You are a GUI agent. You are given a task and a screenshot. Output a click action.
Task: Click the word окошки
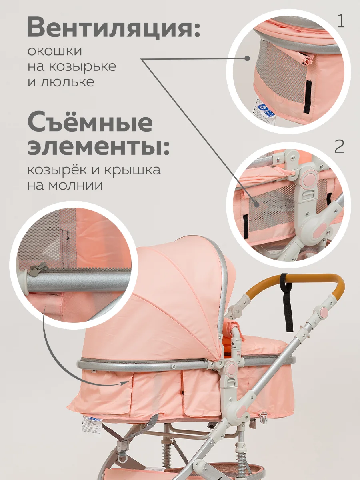click(55, 51)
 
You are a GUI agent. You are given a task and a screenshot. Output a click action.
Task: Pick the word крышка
click(132, 170)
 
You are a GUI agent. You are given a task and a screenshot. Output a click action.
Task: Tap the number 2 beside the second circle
click(340, 146)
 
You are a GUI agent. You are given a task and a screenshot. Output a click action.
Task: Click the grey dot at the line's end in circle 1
click(247, 58)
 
